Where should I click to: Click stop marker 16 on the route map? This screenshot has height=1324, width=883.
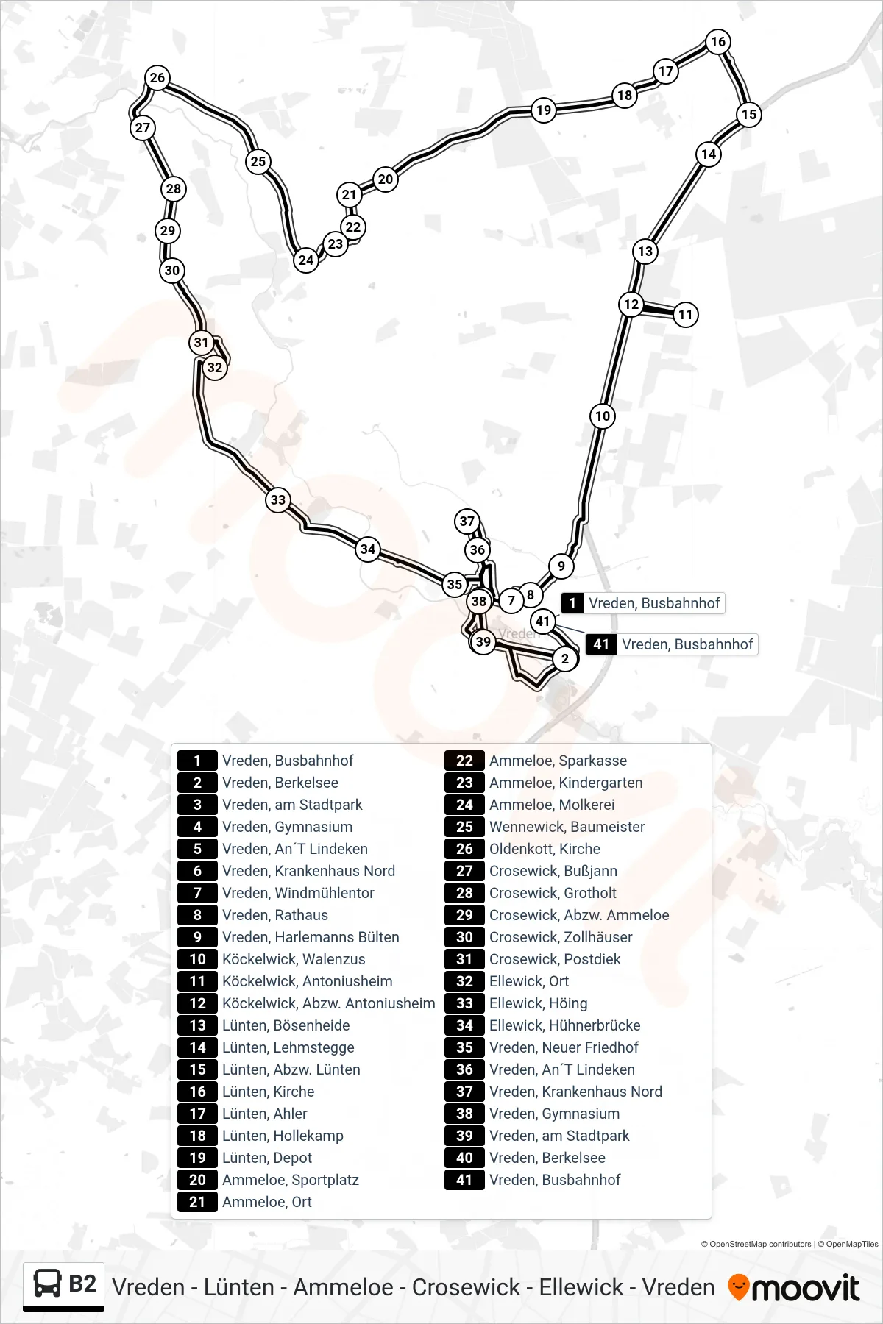(718, 42)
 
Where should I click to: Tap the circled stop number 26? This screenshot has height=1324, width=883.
(157, 78)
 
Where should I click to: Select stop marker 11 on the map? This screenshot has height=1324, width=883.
(686, 315)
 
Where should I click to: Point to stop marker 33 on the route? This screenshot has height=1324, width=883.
(278, 500)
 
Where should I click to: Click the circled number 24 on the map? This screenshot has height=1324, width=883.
(306, 260)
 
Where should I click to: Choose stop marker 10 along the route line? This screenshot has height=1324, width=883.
(603, 416)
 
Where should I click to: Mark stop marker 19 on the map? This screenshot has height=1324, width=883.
(544, 110)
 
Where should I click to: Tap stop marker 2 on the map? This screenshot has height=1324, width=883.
(565, 658)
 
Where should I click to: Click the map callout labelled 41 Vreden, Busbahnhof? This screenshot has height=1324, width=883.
(672, 644)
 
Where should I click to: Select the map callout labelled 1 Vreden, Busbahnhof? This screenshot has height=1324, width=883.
(643, 603)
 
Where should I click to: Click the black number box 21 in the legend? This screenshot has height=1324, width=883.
(197, 1202)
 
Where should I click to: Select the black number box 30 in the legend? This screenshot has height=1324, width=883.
(464, 937)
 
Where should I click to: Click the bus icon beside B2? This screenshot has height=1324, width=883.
(48, 1284)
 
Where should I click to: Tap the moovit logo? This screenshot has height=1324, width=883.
(794, 1288)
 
